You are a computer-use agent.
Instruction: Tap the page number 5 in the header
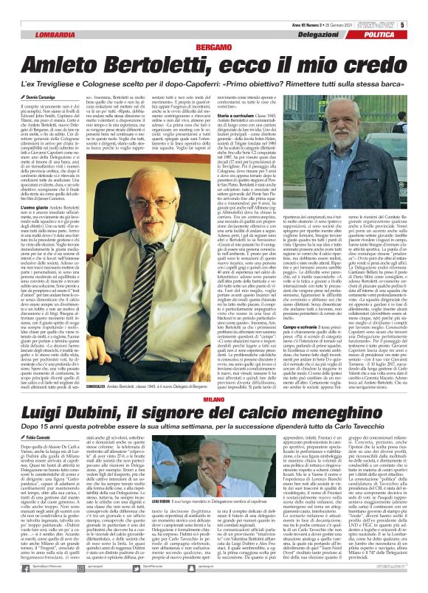coord(423,6)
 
